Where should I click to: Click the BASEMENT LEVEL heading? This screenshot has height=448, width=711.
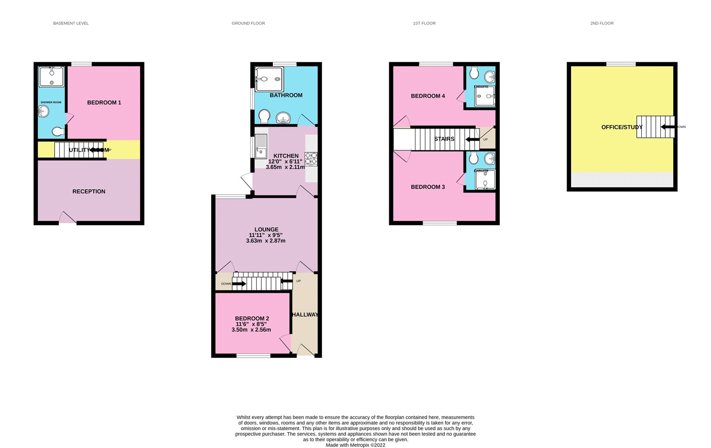tap(71, 23)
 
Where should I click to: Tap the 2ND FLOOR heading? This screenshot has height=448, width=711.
tap(602, 23)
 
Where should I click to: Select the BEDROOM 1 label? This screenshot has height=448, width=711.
tap(104, 102)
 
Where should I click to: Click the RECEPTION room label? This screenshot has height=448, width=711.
tap(89, 191)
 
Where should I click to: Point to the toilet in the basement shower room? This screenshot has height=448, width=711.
tap(58, 132)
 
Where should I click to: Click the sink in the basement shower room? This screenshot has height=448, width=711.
tap(44, 111)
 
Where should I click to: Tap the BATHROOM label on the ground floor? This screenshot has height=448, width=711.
tap(286, 95)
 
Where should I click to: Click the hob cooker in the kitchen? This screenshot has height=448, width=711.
tap(311, 159)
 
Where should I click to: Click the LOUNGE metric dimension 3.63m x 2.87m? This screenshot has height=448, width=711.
tap(266, 240)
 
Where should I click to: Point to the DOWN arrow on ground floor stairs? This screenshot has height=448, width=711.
tap(239, 284)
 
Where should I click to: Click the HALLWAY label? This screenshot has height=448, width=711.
tap(305, 314)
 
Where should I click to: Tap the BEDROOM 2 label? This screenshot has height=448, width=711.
tap(252, 318)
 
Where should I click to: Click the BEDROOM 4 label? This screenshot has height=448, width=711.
tap(427, 96)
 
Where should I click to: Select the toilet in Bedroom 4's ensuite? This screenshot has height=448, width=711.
tap(473, 72)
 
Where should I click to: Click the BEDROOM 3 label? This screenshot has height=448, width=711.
tap(427, 187)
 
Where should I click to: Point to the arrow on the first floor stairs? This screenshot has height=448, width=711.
tap(472, 139)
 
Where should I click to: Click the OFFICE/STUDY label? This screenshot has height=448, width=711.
tap(622, 127)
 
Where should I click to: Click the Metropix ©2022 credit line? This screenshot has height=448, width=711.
tap(355, 445)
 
